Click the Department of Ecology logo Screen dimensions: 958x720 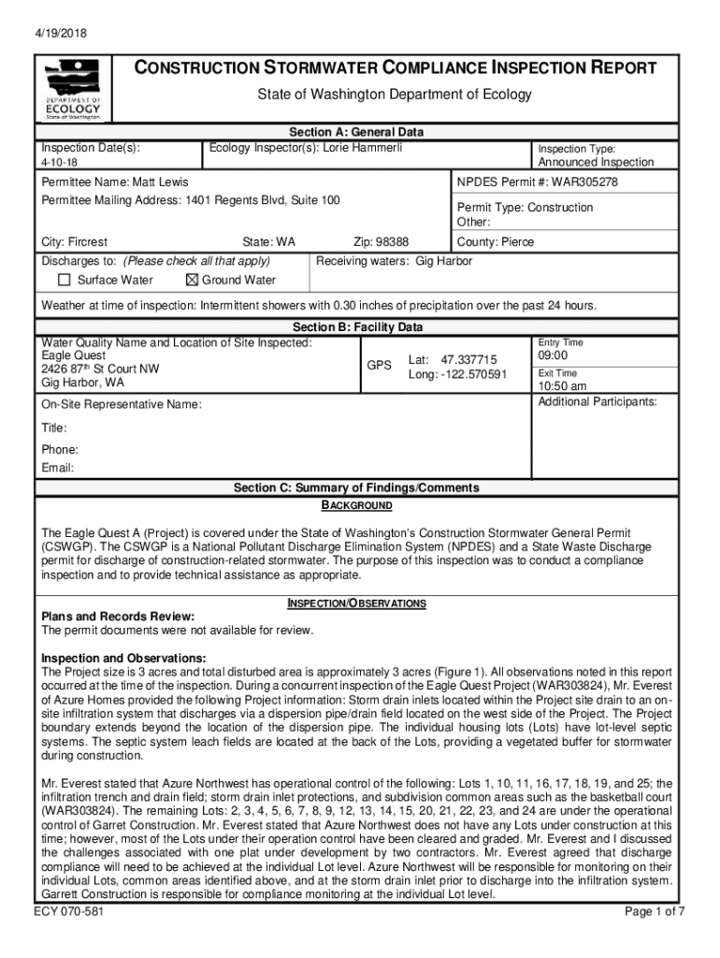coord(73,90)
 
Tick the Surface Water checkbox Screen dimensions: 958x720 coord(65,280)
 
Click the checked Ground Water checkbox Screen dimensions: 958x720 coord(193,280)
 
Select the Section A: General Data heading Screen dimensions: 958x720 coord(356,133)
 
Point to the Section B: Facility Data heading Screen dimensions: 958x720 coord(357,327)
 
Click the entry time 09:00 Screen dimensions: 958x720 coord(554,356)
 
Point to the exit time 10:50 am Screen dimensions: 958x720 coord(562,386)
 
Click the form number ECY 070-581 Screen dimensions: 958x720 coord(68,937)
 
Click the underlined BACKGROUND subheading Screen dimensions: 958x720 coord(356,506)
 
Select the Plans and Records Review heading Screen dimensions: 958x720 coord(118,617)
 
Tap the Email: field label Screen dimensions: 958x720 coord(58,468)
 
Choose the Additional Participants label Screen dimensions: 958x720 coord(598,402)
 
